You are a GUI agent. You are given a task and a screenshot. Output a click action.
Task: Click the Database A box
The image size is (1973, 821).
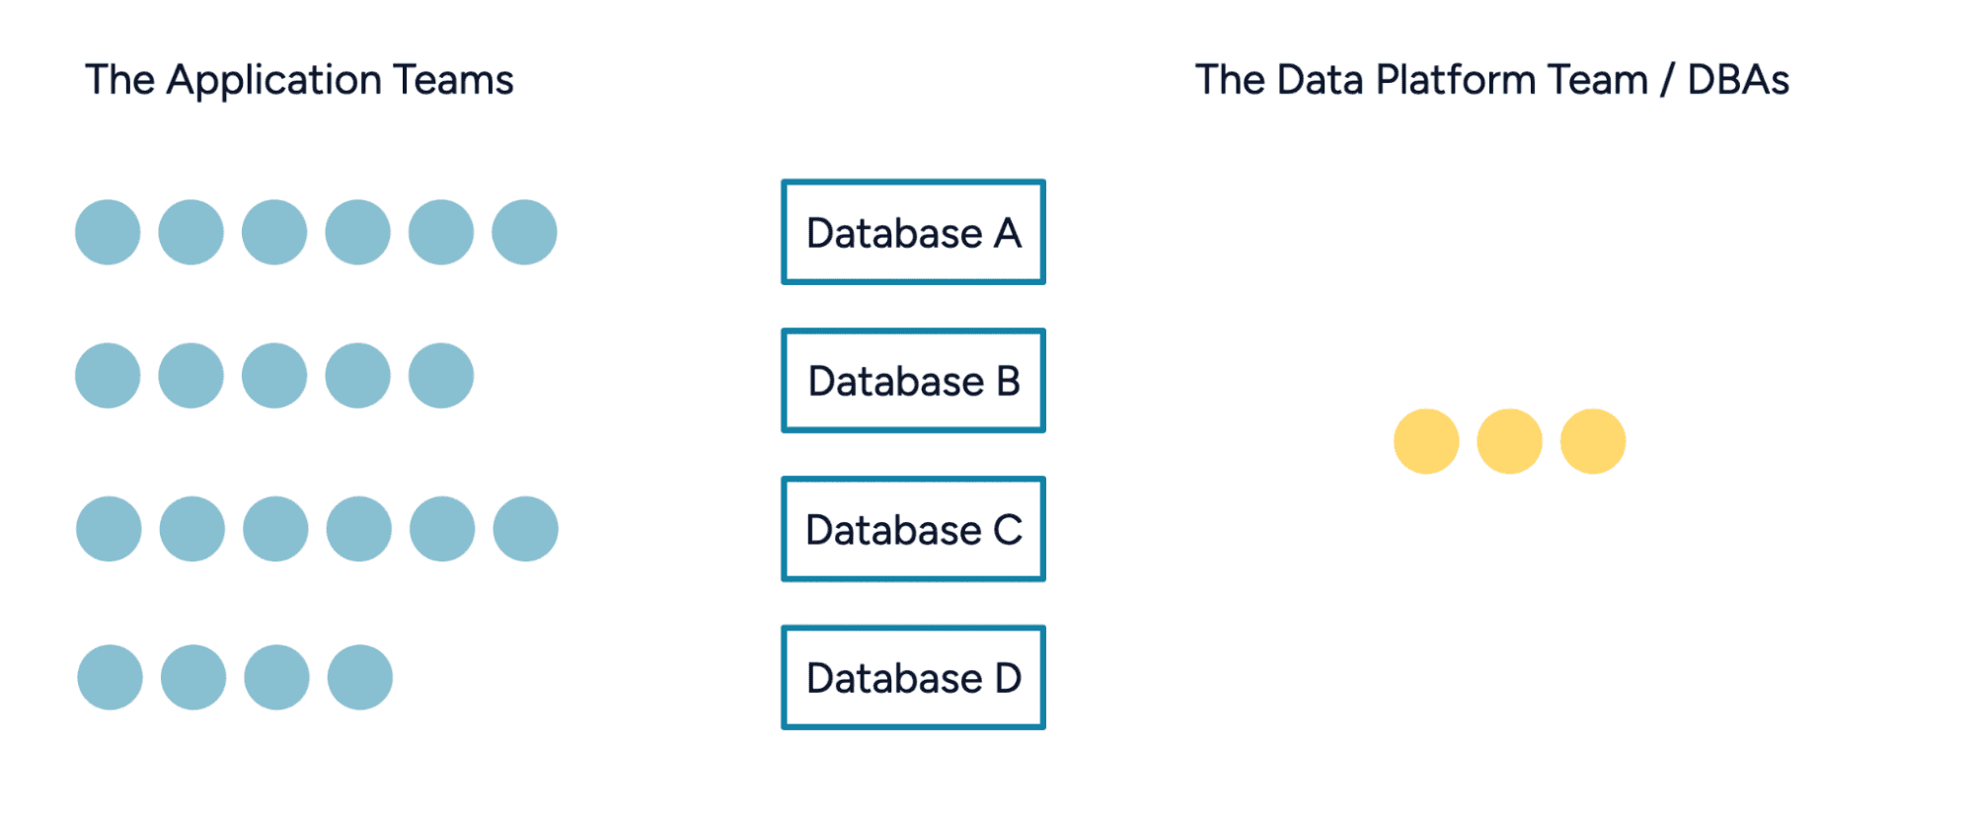click(913, 232)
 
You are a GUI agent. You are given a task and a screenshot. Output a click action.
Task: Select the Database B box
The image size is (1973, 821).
click(913, 380)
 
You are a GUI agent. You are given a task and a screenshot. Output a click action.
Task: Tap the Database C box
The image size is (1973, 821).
click(913, 529)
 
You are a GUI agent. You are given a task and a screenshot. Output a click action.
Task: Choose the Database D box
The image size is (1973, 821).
click(913, 677)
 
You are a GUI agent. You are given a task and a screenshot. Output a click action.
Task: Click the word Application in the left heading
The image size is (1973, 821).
click(274, 81)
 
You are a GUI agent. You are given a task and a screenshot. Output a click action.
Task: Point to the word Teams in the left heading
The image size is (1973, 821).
click(453, 80)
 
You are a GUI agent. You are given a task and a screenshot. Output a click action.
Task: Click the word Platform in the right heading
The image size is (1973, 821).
click(1456, 80)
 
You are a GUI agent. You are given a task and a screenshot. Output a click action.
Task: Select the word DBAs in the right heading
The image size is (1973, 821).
click(1738, 80)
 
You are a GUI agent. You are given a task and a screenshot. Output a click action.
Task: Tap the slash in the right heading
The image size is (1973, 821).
click(1667, 81)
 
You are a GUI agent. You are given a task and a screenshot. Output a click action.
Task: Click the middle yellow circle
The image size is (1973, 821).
click(1509, 441)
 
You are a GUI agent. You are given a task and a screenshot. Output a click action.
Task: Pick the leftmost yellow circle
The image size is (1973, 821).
click(1426, 441)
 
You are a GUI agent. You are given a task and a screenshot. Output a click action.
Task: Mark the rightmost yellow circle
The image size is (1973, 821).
click(1593, 441)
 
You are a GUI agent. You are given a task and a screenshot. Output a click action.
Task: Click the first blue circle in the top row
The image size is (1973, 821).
click(108, 232)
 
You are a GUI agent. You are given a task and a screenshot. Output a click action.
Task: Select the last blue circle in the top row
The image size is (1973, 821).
click(524, 232)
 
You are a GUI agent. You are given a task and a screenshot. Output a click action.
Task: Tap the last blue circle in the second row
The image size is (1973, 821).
click(441, 375)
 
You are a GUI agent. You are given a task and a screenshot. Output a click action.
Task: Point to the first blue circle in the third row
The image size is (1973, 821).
click(109, 529)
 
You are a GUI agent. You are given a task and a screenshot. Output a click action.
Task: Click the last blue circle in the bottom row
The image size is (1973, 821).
click(360, 677)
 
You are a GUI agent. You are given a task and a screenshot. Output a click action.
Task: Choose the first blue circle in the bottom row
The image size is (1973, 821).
click(110, 677)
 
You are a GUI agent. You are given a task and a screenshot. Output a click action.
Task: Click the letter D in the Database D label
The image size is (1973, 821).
click(1008, 678)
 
